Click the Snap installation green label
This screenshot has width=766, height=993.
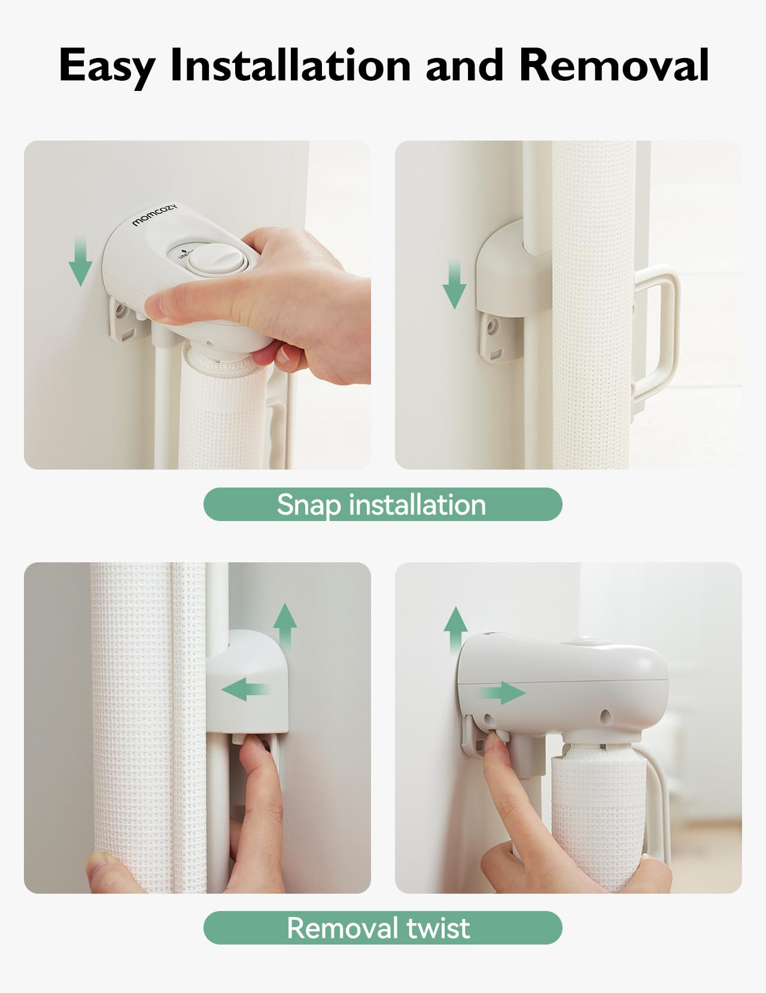pyautogui.click(x=382, y=504)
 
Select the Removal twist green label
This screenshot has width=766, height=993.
pyautogui.click(x=382, y=928)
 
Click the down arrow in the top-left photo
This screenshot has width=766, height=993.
pyautogui.click(x=80, y=262)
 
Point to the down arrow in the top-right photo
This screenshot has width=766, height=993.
pyautogui.click(x=454, y=286)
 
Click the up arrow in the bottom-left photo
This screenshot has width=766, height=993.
pyautogui.click(x=285, y=628)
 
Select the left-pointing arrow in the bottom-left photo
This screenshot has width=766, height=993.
pyautogui.click(x=245, y=689)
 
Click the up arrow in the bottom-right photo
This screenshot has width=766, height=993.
pyautogui.click(x=455, y=631)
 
